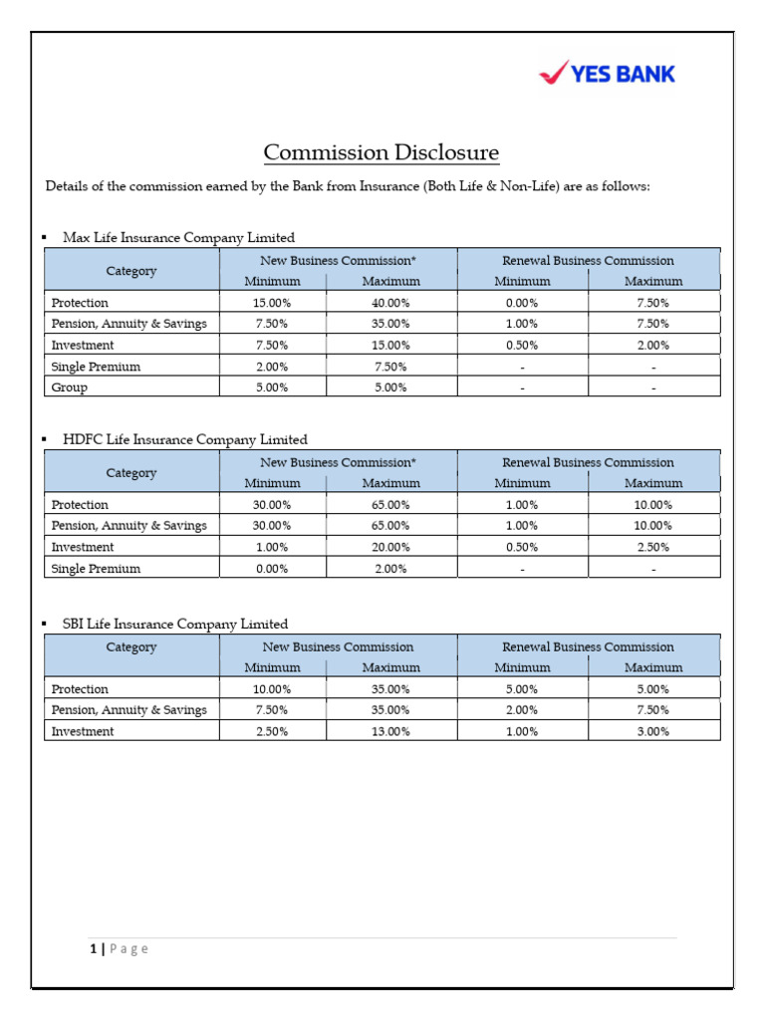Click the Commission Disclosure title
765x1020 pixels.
pyautogui.click(x=382, y=152)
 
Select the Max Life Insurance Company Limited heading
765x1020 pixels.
pyautogui.click(x=178, y=238)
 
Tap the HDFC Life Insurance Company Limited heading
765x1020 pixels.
pyautogui.click(x=184, y=439)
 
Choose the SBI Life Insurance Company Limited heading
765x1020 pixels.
pyautogui.click(x=175, y=625)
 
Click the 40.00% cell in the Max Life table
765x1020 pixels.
pyautogui.click(x=390, y=303)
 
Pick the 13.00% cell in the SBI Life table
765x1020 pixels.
pyautogui.click(x=390, y=731)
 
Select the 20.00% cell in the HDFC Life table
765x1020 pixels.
pyautogui.click(x=390, y=547)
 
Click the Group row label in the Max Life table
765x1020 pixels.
pyautogui.click(x=69, y=387)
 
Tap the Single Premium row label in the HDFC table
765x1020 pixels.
pyautogui.click(x=96, y=569)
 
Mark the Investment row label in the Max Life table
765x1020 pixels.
pyautogui.click(x=83, y=346)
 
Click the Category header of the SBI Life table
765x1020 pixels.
pyautogui.click(x=131, y=647)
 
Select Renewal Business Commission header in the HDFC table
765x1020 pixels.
pyautogui.click(x=588, y=462)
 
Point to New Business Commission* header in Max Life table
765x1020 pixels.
pyautogui.click(x=338, y=260)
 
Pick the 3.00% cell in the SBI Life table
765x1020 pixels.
pyautogui.click(x=653, y=731)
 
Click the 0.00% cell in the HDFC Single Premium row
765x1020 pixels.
pyautogui.click(x=272, y=569)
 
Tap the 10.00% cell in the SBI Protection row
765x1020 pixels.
pyautogui.click(x=272, y=689)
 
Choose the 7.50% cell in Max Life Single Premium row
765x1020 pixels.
pyautogui.click(x=390, y=367)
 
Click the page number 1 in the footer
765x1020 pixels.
pyautogui.click(x=92, y=949)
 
